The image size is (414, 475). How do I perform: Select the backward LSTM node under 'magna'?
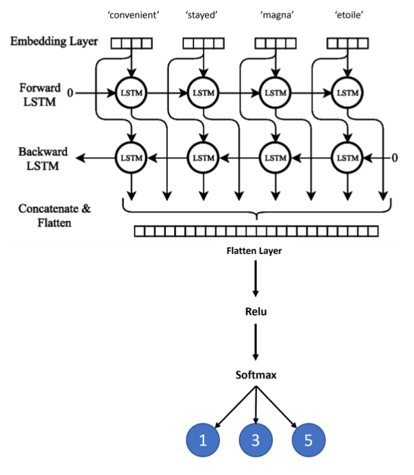point(275,158)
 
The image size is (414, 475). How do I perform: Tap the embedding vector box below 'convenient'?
point(132,43)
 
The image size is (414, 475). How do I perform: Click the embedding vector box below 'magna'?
point(275,43)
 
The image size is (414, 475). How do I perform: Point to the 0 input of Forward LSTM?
point(71,93)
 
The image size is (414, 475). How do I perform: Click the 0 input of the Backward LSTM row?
point(394,158)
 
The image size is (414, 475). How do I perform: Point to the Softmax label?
point(256,375)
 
